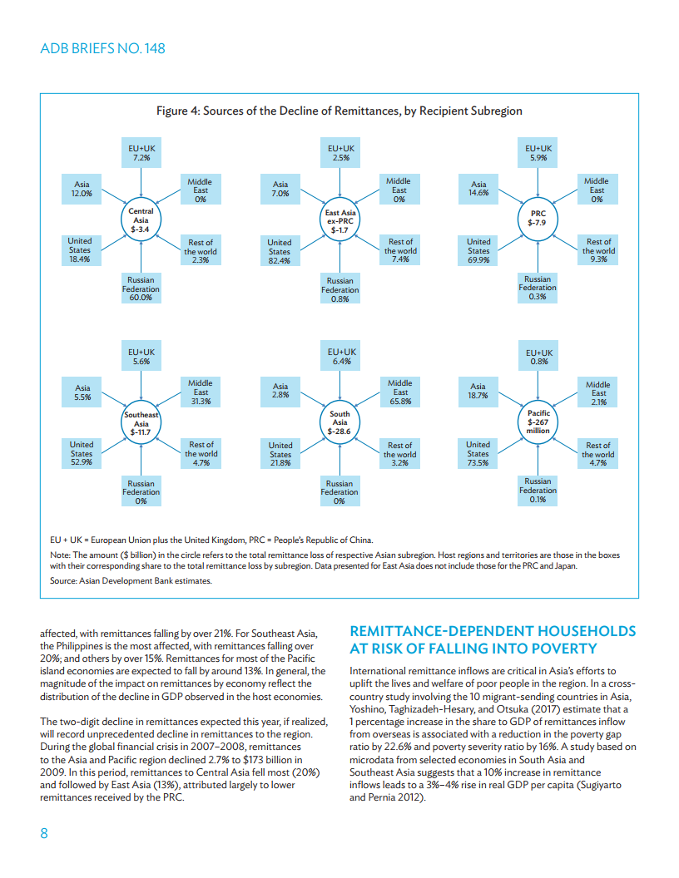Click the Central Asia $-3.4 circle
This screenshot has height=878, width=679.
(141, 220)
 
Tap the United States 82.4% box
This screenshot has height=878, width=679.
(280, 251)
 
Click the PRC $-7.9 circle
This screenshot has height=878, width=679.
(538, 219)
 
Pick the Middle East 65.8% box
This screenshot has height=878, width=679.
(400, 392)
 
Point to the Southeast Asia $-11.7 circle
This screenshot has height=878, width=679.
(141, 423)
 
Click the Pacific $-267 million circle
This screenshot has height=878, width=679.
(538, 422)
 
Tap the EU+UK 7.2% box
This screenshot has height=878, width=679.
(141, 153)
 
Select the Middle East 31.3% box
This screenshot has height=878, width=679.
(201, 392)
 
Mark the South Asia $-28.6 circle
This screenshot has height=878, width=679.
(339, 422)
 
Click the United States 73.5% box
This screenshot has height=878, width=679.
(478, 453)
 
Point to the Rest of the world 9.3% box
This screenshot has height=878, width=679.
(598, 250)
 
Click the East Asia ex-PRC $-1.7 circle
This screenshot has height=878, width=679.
(339, 220)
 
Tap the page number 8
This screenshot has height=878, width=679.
(45, 834)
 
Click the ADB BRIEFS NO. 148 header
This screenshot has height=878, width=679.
(102, 48)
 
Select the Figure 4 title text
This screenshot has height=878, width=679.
(339, 111)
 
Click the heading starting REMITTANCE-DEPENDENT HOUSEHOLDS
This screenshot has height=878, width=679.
(493, 639)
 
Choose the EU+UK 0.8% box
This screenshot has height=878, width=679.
(538, 357)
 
